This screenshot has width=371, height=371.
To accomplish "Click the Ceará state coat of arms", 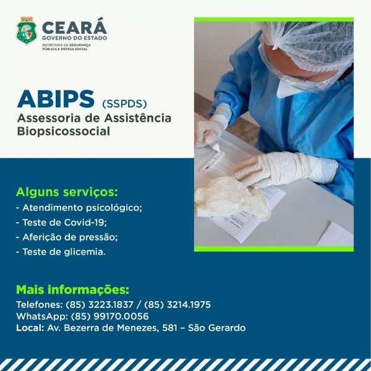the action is click(27, 30).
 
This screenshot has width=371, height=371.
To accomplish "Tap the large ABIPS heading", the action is click(56, 99).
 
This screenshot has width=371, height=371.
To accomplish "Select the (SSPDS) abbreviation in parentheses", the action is click(124, 104).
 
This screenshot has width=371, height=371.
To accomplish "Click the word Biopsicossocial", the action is click(64, 131).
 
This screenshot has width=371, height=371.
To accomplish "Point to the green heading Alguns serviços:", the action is click(67, 192).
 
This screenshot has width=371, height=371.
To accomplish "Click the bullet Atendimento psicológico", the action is click(79, 208).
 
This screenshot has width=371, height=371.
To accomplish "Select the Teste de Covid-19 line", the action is click(61, 223).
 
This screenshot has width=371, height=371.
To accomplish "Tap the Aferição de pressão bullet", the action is click(67, 237).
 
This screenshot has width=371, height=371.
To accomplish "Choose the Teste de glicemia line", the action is click(61, 252).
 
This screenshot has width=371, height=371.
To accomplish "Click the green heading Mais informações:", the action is click(72, 289).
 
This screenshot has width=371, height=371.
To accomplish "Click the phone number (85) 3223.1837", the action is click(100, 304).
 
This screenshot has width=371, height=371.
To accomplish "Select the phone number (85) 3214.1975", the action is click(177, 304).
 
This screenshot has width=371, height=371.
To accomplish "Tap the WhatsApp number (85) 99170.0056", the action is click(110, 317).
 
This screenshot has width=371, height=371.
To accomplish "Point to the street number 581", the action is click(169, 328).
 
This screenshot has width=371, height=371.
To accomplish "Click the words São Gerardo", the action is click(217, 328).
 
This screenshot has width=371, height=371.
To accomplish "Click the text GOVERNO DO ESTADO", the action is click(75, 38).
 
